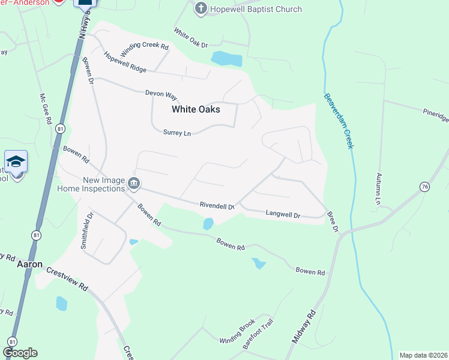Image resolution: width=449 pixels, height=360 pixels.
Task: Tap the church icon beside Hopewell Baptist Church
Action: (201, 9)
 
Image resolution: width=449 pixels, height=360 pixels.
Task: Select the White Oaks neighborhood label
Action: (196, 109)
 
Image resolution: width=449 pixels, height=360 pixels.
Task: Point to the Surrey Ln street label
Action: (176, 133)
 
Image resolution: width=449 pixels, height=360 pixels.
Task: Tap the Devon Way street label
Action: (161, 94)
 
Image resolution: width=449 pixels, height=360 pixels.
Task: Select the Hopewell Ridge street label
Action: (125, 62)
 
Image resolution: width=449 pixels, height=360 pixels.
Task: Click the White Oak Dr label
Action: (190, 38)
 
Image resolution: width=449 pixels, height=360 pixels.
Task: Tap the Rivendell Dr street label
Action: (217, 205)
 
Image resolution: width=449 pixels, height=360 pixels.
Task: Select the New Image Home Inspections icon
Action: (134, 185)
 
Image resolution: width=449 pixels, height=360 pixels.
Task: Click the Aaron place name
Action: (29, 264)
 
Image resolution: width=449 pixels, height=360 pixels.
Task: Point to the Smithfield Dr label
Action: (87, 230)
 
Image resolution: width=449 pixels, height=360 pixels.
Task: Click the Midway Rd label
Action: (304, 326)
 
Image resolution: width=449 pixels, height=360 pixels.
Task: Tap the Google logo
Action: (20, 353)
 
